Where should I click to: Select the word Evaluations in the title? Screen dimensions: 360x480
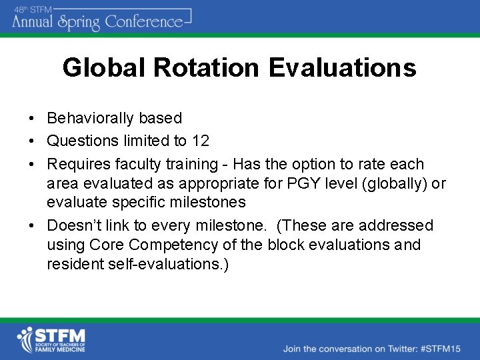tap(343, 68)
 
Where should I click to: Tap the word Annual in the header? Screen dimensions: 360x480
tap(33, 22)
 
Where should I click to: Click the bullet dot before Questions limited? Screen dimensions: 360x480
tap(32, 141)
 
